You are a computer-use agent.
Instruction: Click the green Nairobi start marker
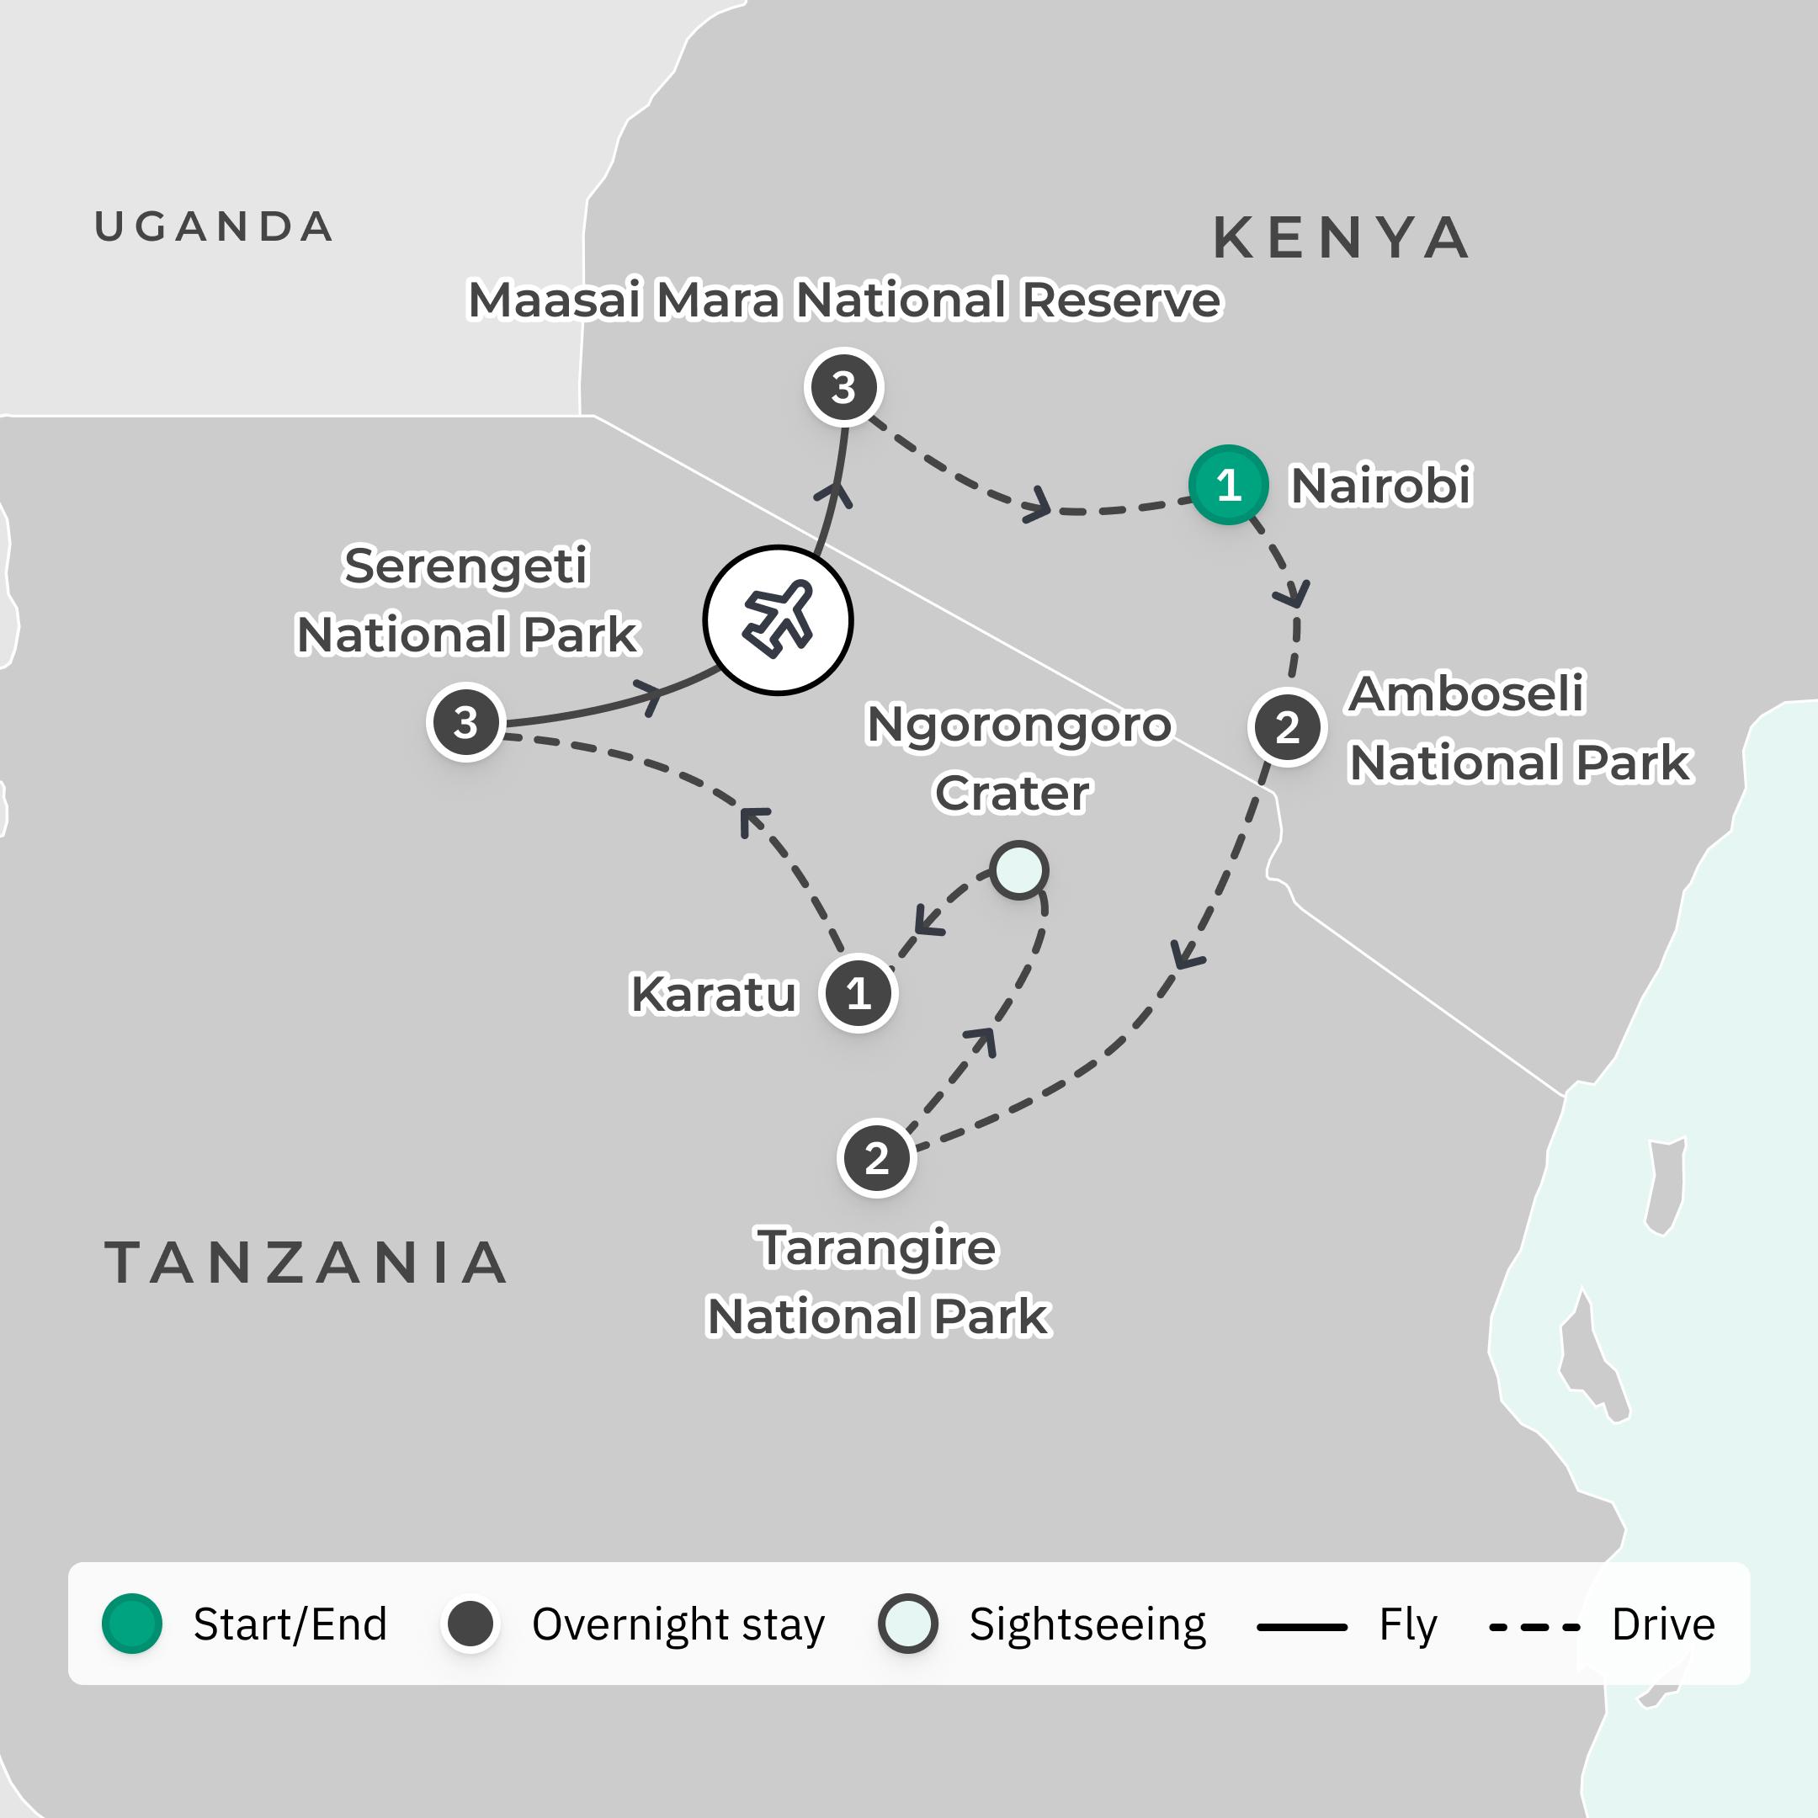coord(1228,485)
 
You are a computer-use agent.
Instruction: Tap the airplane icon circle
coord(779,620)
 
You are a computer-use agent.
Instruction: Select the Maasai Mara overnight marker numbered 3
coord(844,387)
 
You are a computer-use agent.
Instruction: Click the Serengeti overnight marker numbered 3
coord(465,722)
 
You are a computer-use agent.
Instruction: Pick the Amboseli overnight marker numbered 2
coord(1287,726)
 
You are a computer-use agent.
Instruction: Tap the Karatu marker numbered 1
coord(858,993)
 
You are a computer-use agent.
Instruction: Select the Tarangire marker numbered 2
coord(876,1157)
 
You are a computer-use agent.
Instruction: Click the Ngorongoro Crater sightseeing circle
coord(1019,869)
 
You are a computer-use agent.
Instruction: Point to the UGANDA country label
coord(215,226)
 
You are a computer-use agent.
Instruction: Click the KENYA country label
coord(1341,237)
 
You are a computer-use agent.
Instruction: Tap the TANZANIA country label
coord(306,1262)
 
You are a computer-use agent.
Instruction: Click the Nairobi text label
coord(1379,486)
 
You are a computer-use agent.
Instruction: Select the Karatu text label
coord(713,995)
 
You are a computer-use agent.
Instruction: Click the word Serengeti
coord(465,566)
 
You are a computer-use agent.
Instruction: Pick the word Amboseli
coord(1466,694)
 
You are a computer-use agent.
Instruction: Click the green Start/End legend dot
coord(132,1624)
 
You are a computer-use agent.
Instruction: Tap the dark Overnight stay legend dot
coord(470,1624)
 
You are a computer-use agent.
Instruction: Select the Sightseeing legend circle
coord(908,1624)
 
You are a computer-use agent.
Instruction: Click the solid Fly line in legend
coord(1301,1626)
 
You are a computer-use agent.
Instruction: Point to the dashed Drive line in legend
coord(1534,1626)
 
